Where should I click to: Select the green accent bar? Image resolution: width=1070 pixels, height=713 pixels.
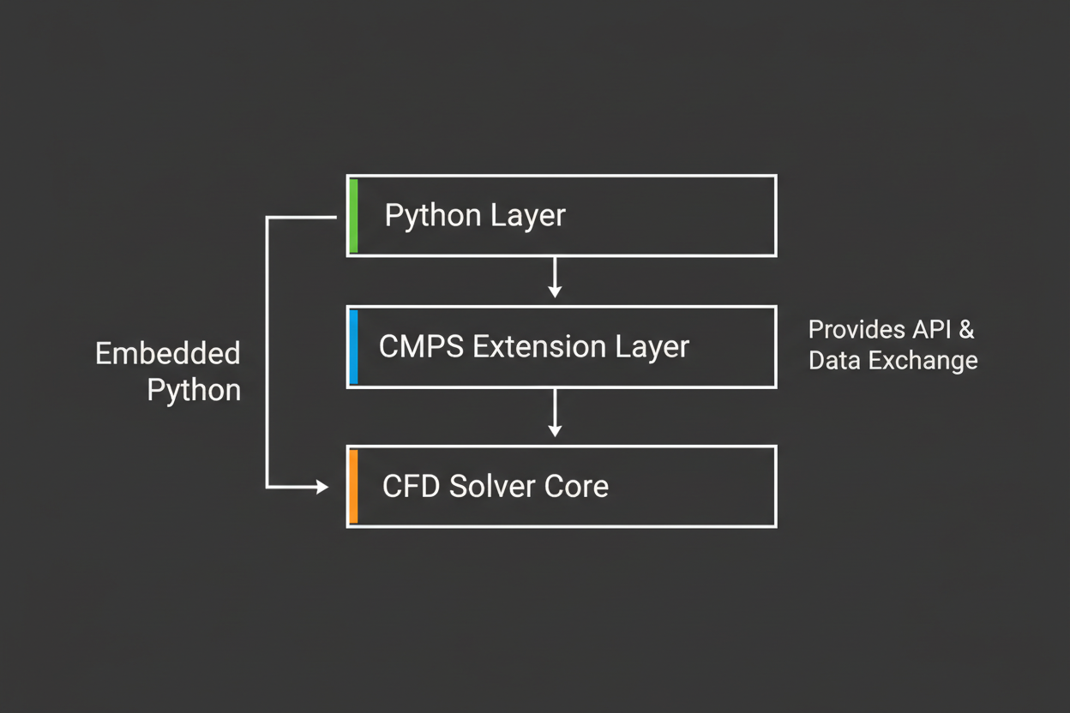click(353, 216)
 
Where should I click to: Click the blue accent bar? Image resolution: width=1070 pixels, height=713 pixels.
click(353, 347)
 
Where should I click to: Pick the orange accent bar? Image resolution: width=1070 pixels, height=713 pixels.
click(353, 486)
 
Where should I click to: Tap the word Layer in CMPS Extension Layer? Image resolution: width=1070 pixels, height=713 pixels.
click(652, 347)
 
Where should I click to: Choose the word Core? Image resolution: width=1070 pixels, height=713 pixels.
click(576, 487)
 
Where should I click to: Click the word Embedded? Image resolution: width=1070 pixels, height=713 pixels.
click(167, 354)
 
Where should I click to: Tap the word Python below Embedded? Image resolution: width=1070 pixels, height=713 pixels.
click(194, 391)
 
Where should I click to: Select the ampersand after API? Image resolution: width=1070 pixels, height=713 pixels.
click(967, 330)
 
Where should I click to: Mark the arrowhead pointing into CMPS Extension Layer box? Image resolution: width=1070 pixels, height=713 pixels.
click(555, 291)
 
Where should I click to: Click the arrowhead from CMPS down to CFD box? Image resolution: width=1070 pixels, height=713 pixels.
click(555, 430)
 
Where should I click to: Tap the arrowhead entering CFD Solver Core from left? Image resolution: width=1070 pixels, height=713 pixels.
click(322, 487)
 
